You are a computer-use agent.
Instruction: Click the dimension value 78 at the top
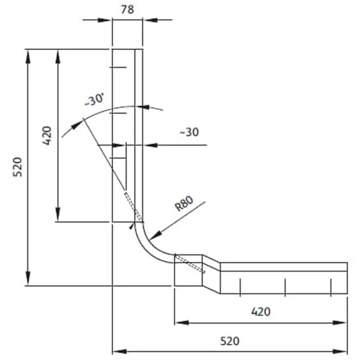point(127,9)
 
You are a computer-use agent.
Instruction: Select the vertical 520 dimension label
point(17,167)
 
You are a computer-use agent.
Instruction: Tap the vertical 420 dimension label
point(47,135)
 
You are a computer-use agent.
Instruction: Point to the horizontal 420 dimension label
point(261,312)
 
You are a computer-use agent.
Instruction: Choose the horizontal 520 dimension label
point(230,341)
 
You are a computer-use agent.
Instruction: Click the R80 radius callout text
point(184,204)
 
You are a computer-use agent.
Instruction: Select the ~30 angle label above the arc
point(94,99)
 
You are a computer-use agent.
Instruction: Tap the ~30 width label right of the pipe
point(189,132)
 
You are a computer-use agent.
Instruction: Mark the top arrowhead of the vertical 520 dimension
point(28,57)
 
